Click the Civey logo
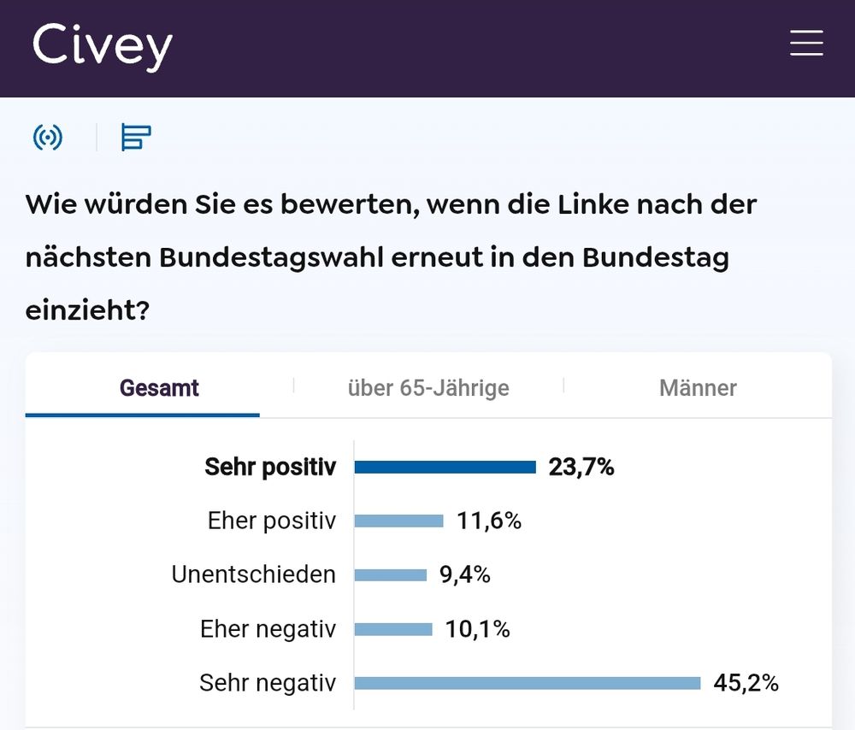tap(103, 47)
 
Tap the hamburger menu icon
tap(805, 43)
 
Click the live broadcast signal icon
tap(48, 137)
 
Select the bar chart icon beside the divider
tap(136, 137)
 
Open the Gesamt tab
tap(159, 388)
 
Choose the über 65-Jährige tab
tap(427, 388)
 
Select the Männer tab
tap(698, 388)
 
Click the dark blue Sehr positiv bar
tap(445, 468)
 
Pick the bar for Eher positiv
tap(398, 521)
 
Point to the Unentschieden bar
tap(390, 575)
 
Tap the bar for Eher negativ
tap(393, 630)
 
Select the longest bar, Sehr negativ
tap(527, 683)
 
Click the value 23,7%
tap(581, 468)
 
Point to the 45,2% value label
tap(746, 683)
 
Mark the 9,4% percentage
tap(465, 575)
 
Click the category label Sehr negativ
tap(268, 683)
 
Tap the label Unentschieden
tap(254, 575)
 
